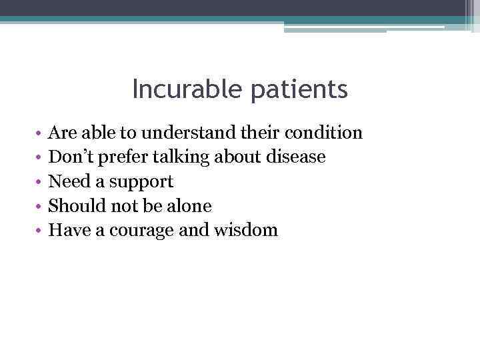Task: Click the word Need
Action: [x=68, y=182]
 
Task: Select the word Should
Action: [x=73, y=206]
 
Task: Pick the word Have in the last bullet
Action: [x=70, y=231]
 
